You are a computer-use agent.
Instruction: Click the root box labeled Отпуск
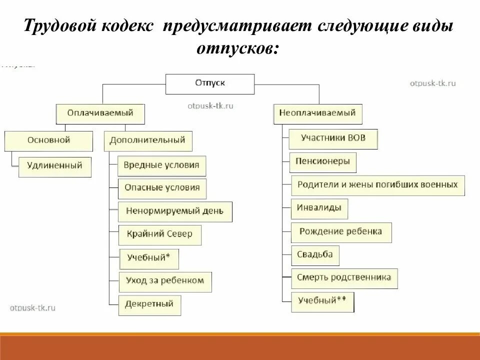tap(210, 83)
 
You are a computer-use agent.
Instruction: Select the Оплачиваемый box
tap(100, 113)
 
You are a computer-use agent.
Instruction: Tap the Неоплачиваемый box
tap(317, 113)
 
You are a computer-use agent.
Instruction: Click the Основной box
tap(48, 140)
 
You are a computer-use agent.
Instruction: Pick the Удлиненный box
tap(55, 166)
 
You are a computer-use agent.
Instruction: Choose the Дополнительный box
tap(147, 140)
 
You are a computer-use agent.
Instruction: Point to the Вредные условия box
tap(162, 165)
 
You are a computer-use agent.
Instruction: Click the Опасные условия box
tap(162, 188)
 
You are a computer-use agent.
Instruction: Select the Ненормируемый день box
tap(175, 211)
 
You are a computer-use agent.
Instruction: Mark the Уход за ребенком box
tap(165, 281)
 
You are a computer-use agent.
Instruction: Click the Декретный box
tap(149, 304)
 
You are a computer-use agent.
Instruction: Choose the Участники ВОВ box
tap(333, 138)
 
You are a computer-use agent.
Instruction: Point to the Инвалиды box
tap(319, 208)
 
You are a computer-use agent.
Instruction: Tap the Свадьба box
tap(314, 255)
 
